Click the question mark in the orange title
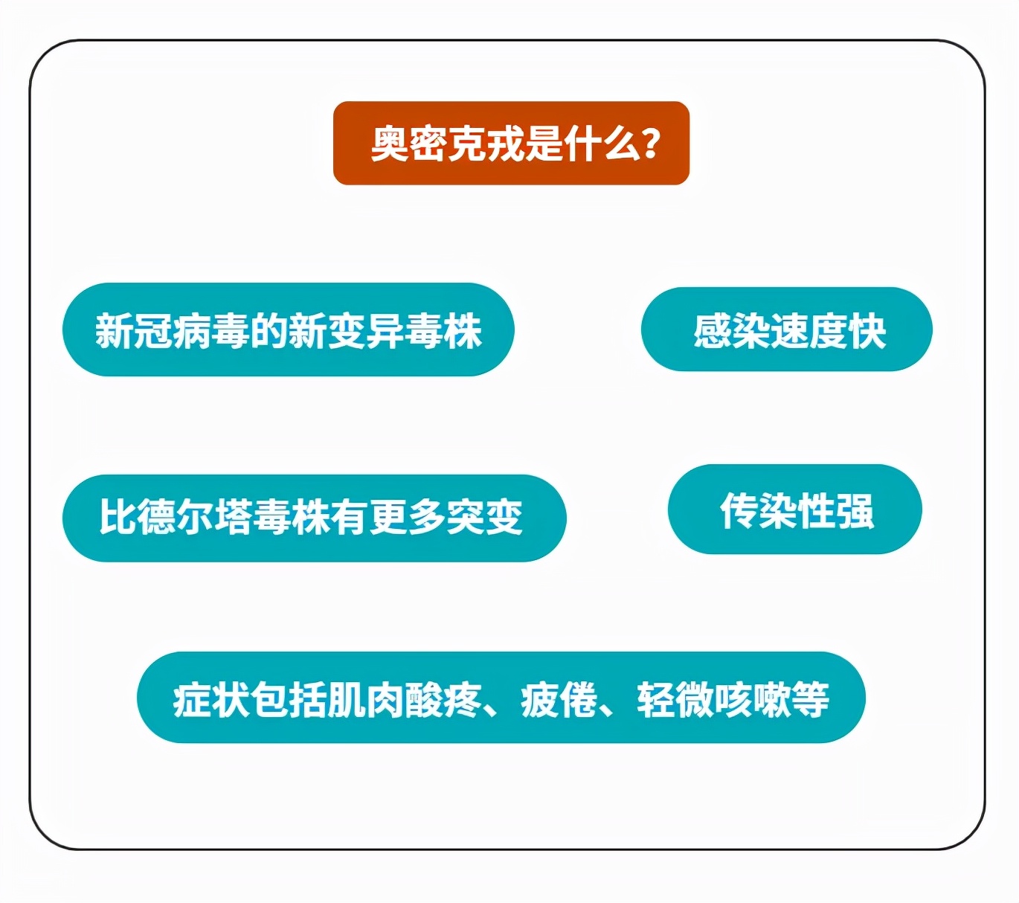(x=650, y=143)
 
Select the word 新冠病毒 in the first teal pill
(x=172, y=331)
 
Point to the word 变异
(x=365, y=331)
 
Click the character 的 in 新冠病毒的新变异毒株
(x=269, y=331)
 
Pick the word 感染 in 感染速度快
(x=732, y=330)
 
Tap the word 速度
(x=809, y=330)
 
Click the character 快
(x=867, y=330)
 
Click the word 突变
(x=484, y=517)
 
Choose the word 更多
(x=407, y=517)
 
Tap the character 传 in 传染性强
(x=739, y=510)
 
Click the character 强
(x=855, y=510)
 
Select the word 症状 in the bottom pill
(x=211, y=699)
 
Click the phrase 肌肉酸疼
(x=405, y=699)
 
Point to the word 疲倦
(x=559, y=699)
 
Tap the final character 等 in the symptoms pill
(x=810, y=699)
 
